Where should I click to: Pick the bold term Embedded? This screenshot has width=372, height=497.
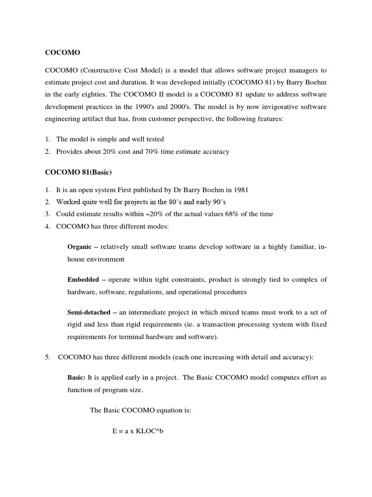click(x=83, y=280)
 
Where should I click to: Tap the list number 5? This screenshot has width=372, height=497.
click(x=47, y=358)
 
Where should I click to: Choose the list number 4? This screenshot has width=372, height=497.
click(x=47, y=226)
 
